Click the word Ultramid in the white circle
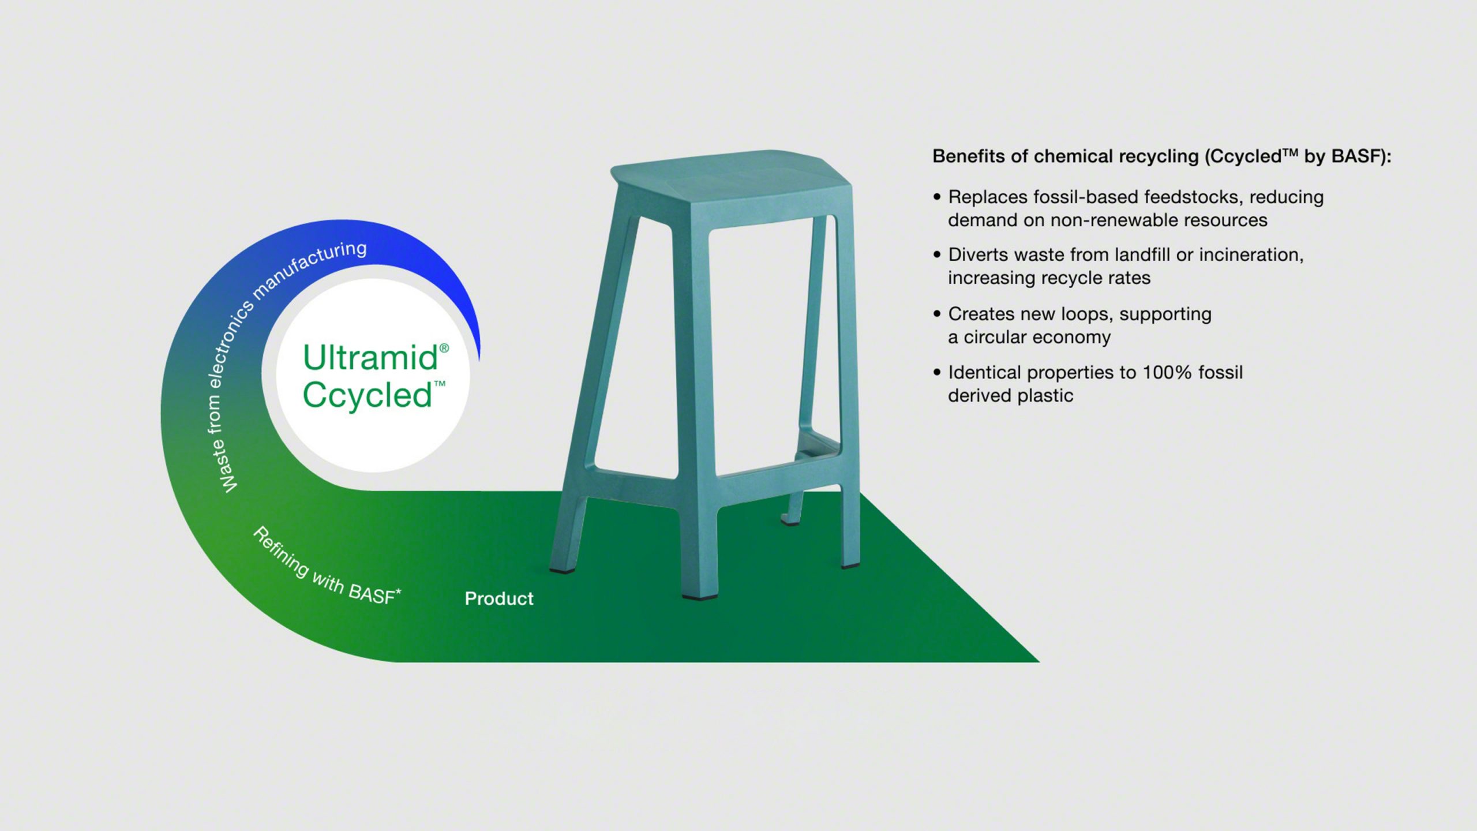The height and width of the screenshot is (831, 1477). tap(370, 358)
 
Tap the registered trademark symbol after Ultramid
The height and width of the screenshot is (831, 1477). tap(444, 348)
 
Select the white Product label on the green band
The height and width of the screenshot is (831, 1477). tap(499, 598)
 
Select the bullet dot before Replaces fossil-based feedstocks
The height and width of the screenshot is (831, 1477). tap(937, 197)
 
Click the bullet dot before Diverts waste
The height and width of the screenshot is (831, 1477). tap(937, 255)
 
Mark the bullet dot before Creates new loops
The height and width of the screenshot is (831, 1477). tap(937, 314)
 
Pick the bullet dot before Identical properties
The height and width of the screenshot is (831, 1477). tap(937, 373)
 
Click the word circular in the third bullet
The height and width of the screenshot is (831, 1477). tap(999, 337)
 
